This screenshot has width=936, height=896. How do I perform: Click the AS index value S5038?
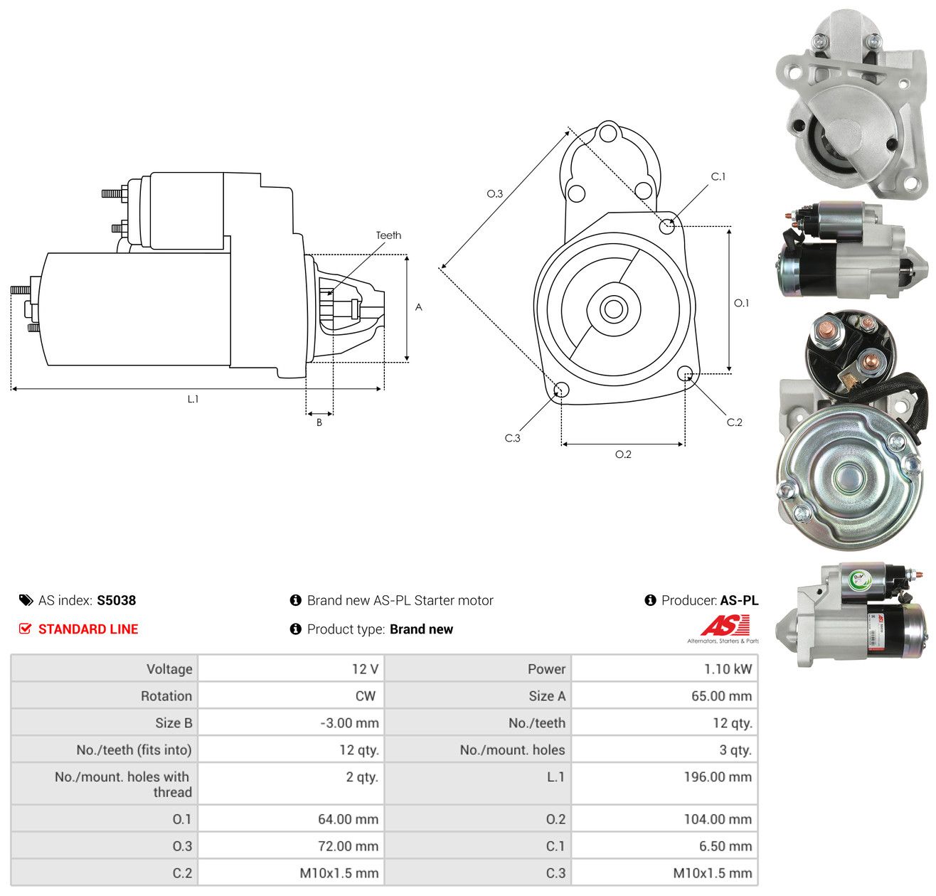(116, 599)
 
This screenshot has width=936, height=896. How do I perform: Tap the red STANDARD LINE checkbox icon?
(25, 629)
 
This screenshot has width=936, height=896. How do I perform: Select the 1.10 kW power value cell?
(728, 668)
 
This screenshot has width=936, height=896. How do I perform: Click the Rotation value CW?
(365, 695)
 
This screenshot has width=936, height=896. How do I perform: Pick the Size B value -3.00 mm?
(349, 722)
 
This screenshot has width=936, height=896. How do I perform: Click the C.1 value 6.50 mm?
(725, 846)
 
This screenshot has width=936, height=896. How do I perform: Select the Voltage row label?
(169, 668)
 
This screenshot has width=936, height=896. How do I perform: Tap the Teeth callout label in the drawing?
(388, 235)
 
